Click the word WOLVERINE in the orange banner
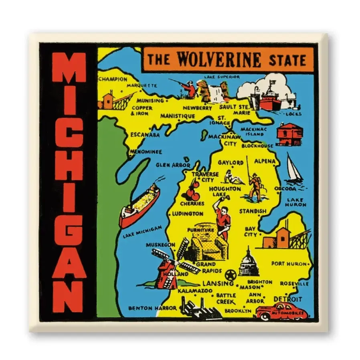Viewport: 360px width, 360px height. click(x=219, y=60)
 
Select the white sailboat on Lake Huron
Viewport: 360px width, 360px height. click(x=294, y=168)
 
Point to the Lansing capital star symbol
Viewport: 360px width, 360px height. click(x=230, y=275)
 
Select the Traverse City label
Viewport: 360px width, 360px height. click(x=205, y=177)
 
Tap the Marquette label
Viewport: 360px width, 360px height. click(x=142, y=85)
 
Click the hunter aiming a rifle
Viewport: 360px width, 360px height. click(x=186, y=88)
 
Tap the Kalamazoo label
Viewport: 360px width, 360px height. click(x=195, y=290)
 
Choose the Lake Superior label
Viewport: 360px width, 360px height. click(x=222, y=76)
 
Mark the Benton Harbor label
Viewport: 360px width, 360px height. click(x=152, y=308)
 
